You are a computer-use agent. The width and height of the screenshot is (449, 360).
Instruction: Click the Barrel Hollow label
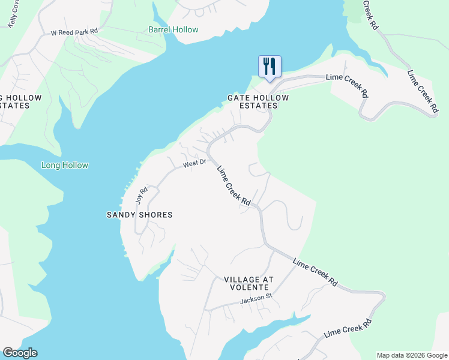pos(173,29)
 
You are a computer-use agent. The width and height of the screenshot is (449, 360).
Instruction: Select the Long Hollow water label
pos(64,165)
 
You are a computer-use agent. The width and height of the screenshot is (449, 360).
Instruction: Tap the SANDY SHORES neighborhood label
pos(139,215)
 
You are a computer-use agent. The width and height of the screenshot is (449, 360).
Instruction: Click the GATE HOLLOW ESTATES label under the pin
pos(258,101)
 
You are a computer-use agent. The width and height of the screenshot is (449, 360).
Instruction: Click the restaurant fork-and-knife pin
pos(270,65)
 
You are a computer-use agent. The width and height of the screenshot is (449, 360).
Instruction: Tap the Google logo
pos(20,353)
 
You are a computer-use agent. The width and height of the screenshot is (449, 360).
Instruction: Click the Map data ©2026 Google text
pos(412,355)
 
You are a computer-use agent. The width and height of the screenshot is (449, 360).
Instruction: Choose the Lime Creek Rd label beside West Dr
pos(234,186)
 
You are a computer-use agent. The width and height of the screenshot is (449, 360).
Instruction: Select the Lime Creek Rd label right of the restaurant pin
pos(348,85)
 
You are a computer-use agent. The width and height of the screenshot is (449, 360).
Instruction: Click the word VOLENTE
pos(249,287)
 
